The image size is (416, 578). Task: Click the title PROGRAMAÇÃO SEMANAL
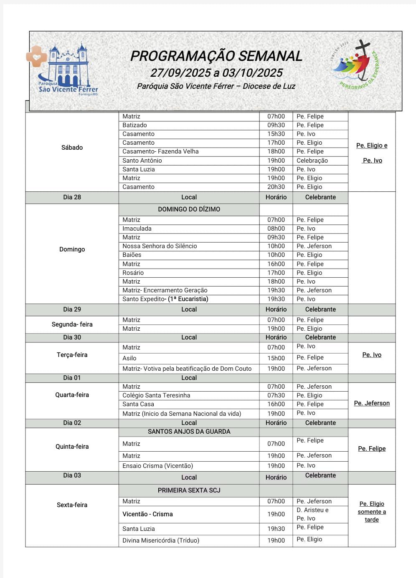click(216, 56)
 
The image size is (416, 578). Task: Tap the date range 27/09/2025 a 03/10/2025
click(216, 73)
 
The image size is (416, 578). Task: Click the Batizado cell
click(134, 125)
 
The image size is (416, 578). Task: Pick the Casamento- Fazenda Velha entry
click(160, 151)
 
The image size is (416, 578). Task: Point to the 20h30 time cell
click(276, 187)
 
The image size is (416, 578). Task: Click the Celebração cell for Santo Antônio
click(312, 161)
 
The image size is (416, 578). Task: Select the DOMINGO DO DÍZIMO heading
click(189, 209)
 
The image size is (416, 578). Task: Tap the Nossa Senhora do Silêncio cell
click(160, 246)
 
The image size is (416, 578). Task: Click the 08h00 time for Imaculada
click(276, 229)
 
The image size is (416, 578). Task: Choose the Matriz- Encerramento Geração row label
click(165, 290)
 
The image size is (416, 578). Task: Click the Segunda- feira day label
click(72, 324)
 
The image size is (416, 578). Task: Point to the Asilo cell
click(129, 358)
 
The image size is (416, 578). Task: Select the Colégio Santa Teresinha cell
click(156, 395)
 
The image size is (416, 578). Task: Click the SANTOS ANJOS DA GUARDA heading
click(189, 432)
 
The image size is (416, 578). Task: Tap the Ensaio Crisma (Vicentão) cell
click(157, 466)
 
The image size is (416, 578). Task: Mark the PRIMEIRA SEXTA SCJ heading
click(189, 490)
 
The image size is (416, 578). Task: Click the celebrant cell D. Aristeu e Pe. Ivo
click(312, 514)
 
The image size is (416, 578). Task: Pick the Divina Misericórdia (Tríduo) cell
click(161, 540)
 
